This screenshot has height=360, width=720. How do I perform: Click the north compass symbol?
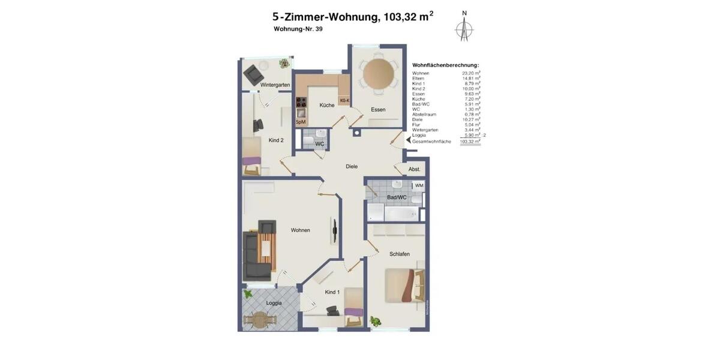coord(464,28)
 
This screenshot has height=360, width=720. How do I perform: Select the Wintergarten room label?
coord(275,85)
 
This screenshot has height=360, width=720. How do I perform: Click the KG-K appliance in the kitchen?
coord(344,101)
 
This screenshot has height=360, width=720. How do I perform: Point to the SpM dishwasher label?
coord(301,122)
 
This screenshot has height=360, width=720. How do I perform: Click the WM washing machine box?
coord(419,185)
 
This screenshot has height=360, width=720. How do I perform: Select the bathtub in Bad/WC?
coord(403,214)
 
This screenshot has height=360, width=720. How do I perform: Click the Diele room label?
coord(352,166)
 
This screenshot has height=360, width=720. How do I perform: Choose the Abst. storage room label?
coord(414,169)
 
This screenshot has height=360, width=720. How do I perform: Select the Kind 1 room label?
coord(332,292)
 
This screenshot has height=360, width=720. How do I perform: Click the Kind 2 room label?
coord(275,140)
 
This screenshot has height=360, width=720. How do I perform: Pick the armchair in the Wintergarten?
coord(254,73)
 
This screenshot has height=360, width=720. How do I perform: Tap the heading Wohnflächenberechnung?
coord(445,65)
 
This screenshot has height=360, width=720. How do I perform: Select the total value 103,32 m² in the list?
coord(470,141)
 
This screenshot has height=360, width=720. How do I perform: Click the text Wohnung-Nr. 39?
coord(298,29)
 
